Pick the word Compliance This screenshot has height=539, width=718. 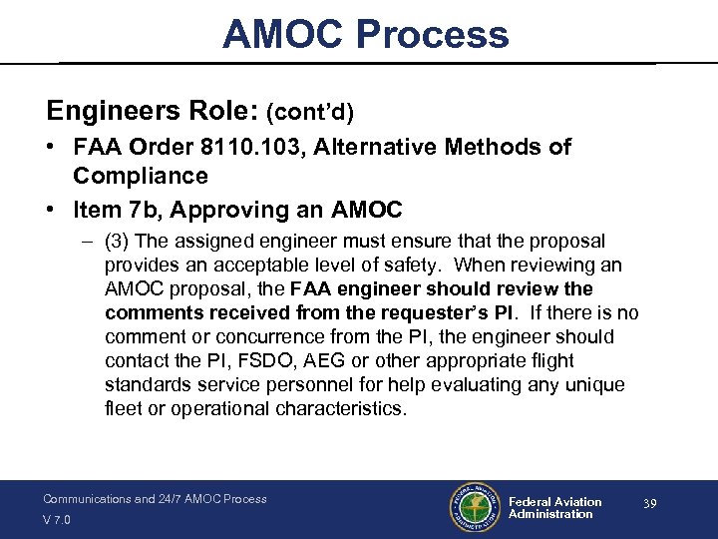coord(140,176)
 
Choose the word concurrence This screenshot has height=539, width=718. coord(261,337)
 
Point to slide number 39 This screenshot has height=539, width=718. coord(649,505)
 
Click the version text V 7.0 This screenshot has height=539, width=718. coord(58,520)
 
